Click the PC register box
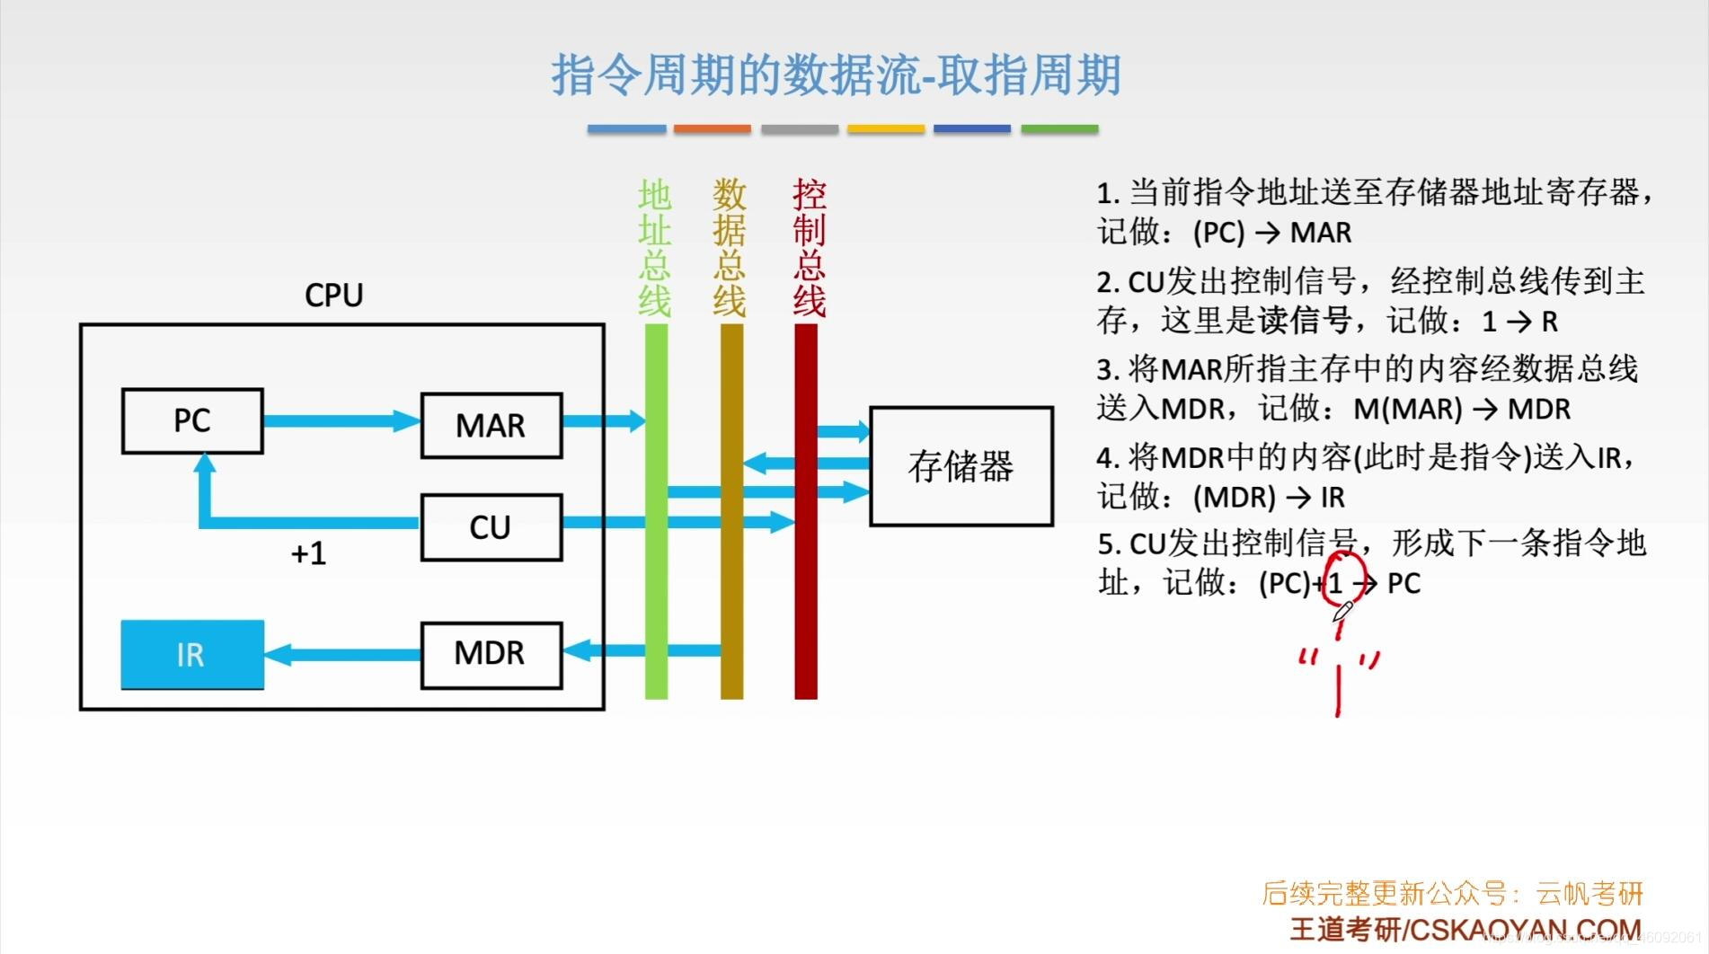point(192,420)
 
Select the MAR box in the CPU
point(491,425)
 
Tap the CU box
point(491,527)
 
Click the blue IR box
point(192,655)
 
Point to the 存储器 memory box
point(961,466)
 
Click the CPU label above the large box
point(333,295)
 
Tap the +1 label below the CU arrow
point(308,553)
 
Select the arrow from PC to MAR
point(341,420)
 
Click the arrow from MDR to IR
point(341,654)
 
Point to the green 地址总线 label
point(655,247)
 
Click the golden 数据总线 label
point(730,247)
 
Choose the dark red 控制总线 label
point(809,247)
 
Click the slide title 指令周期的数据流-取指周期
point(836,74)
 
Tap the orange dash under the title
point(712,129)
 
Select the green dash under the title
point(1060,129)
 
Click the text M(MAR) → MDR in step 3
point(1462,410)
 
